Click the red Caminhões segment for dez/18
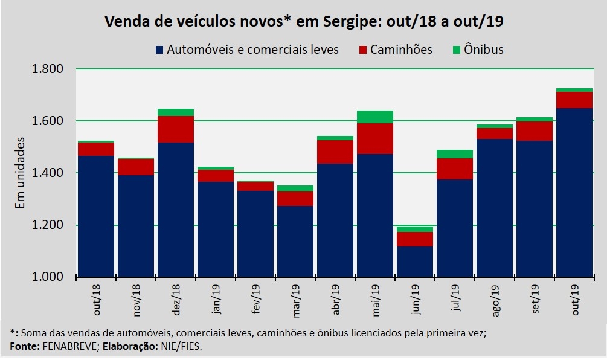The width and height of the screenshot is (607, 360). point(175,129)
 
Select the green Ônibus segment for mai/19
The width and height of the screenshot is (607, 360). point(374,117)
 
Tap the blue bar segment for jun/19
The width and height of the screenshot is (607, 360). point(414,262)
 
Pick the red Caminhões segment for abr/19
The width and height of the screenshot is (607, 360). point(335,152)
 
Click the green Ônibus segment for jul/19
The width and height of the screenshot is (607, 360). point(454,154)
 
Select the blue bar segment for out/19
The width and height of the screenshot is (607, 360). point(574,192)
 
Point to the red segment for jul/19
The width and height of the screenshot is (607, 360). point(454,169)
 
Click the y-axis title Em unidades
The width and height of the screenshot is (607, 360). point(20,173)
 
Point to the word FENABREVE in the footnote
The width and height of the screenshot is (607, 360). point(66,346)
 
